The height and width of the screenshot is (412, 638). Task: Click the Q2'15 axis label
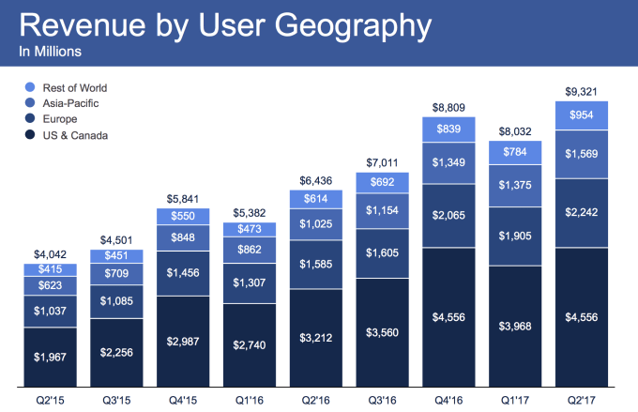[51, 399]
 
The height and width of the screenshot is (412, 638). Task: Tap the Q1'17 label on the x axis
[514, 399]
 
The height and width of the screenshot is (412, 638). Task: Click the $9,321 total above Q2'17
[580, 93]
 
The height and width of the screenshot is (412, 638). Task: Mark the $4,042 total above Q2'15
[51, 253]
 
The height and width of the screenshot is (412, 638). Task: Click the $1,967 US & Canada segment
[51, 356]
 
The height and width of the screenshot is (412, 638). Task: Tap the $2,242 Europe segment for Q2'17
[580, 211]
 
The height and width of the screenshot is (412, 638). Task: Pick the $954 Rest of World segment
[580, 114]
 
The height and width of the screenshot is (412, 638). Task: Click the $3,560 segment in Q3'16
[382, 331]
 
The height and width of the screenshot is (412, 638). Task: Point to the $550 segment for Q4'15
[183, 216]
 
